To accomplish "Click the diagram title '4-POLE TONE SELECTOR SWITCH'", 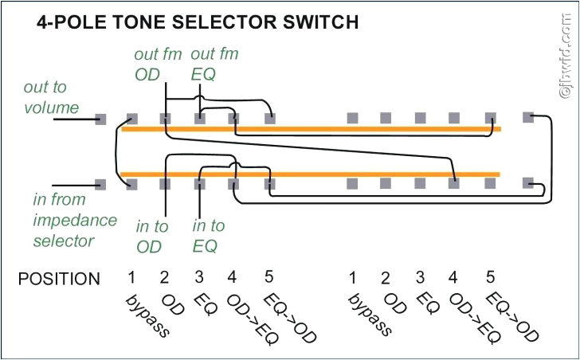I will coord(198,23).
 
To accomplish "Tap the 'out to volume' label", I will coord(51,97).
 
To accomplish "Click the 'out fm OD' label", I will coord(147,65).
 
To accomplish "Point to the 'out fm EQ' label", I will coord(214,65).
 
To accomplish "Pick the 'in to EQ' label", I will coord(209,237).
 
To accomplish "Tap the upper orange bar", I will coord(311,128).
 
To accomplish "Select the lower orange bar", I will coord(311,174).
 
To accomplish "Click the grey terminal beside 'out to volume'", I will coord(100,119).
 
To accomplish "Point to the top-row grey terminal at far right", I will coord(527,118).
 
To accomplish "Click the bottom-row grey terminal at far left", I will coord(100,184).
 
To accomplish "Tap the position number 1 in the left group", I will coord(131,277).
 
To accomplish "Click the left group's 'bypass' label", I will coord(147,315).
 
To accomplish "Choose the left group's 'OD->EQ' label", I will coord(243,318).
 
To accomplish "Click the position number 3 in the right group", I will coord(420,278).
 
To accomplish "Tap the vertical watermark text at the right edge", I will coord(567,60).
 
